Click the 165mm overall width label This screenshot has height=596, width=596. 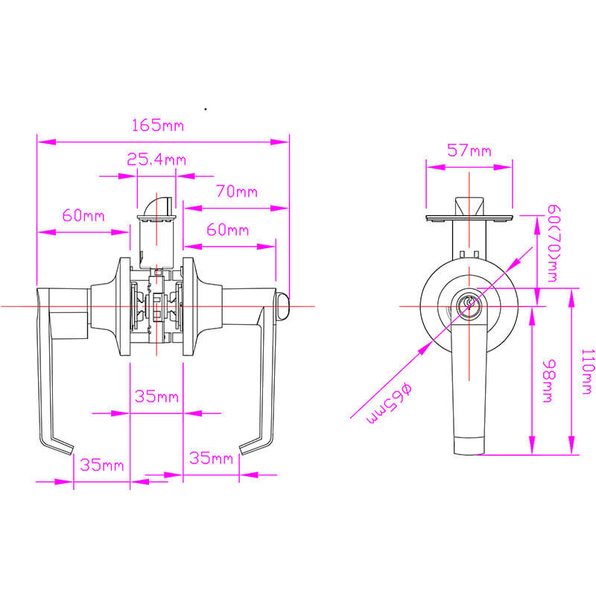pyautogui.click(x=157, y=125)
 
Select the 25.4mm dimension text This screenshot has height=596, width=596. pyautogui.click(x=156, y=159)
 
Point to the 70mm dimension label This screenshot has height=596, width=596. pyautogui.click(x=236, y=191)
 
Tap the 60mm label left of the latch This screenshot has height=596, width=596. pyautogui.click(x=83, y=216)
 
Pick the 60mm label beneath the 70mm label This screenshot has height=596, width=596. pyautogui.click(x=227, y=229)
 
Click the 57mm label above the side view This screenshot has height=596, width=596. pyautogui.click(x=469, y=150)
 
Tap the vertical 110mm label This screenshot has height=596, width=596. pyautogui.click(x=587, y=370)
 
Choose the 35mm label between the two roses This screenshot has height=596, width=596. pyautogui.click(x=156, y=396)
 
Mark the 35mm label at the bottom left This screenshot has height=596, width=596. pyautogui.click(x=101, y=466)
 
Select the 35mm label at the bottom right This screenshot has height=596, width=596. pyautogui.click(x=211, y=457)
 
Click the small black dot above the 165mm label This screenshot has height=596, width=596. pyautogui.click(x=205, y=110)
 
